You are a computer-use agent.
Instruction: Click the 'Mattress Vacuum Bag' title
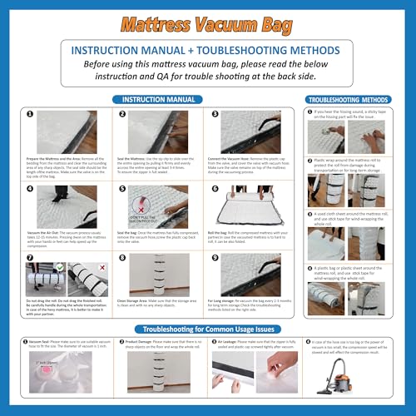[x=207, y=18]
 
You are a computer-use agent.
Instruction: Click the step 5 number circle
[x=122, y=190]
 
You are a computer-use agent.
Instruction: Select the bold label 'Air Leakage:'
[x=234, y=340]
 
